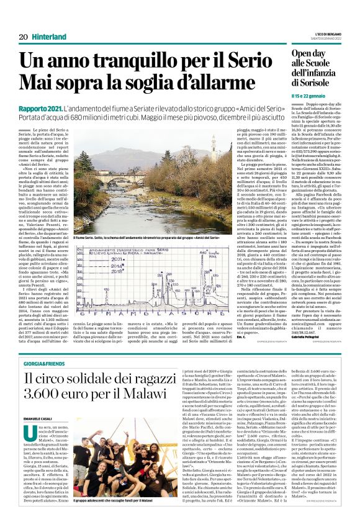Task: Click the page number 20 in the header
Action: [x=23, y=37]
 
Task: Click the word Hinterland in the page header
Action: [x=48, y=37]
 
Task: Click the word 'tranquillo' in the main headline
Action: [x=127, y=60]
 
